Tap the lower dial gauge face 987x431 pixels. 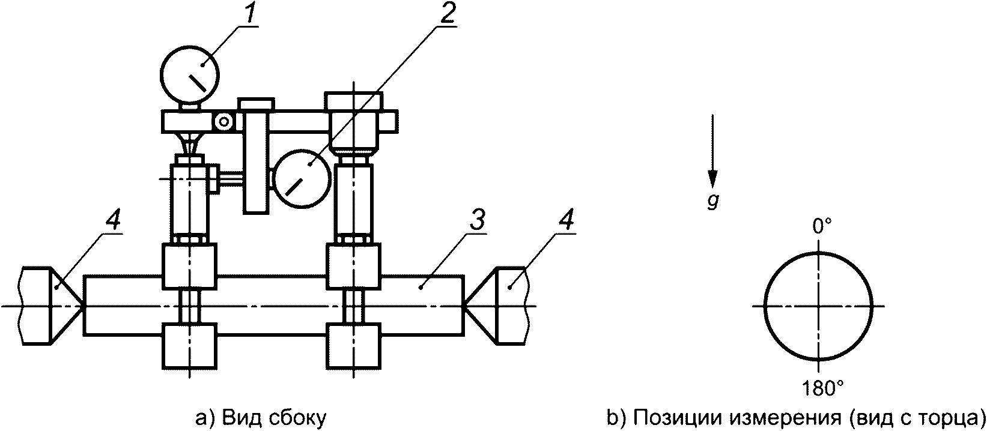[x=301, y=179]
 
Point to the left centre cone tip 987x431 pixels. [x=84, y=306]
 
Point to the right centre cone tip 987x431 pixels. [x=464, y=306]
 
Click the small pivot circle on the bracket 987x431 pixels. [x=224, y=122]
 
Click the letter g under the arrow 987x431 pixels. [x=712, y=202]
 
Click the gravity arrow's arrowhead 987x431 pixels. [x=712, y=178]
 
